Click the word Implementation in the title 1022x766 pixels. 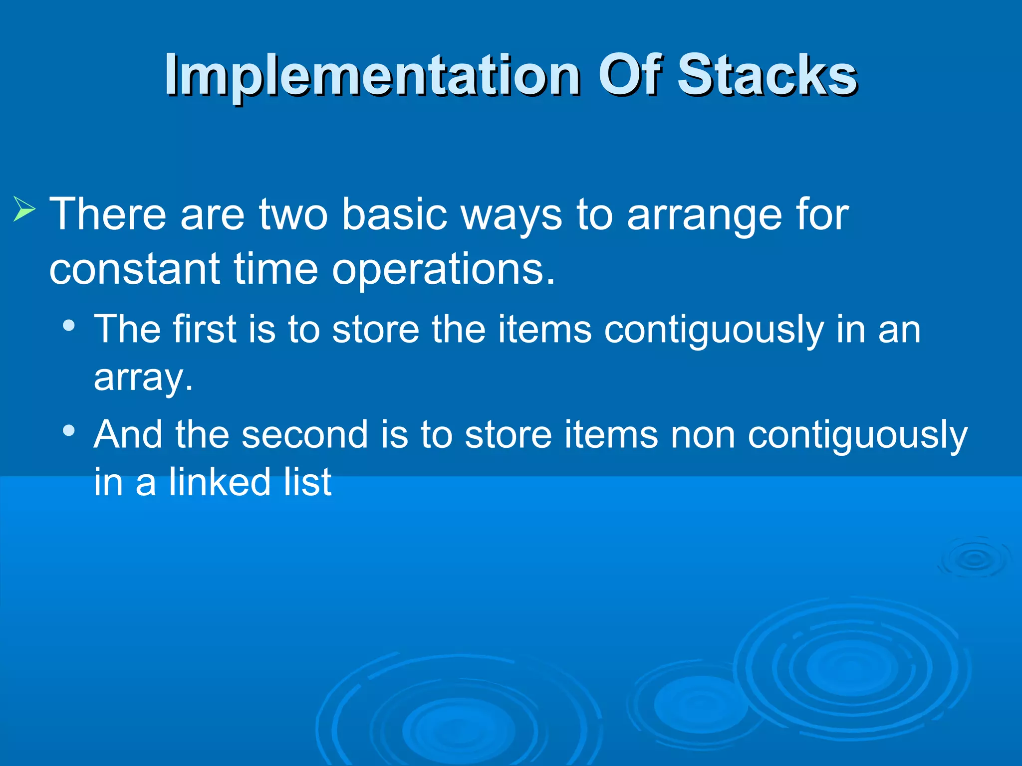[372, 76]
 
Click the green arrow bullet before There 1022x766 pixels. [24, 209]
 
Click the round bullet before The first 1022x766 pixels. [69, 326]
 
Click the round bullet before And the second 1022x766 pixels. [69, 430]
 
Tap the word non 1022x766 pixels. [703, 435]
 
